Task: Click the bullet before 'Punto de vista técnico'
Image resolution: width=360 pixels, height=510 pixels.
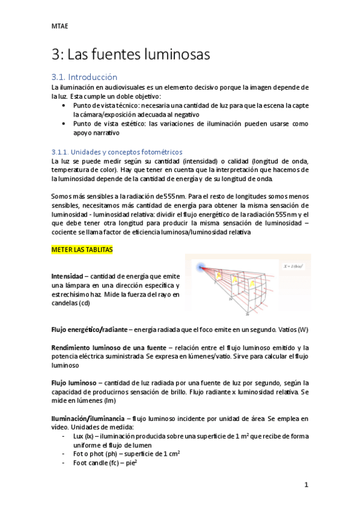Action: (x=64, y=105)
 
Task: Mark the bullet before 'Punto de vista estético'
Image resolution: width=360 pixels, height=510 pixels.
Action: (x=64, y=123)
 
